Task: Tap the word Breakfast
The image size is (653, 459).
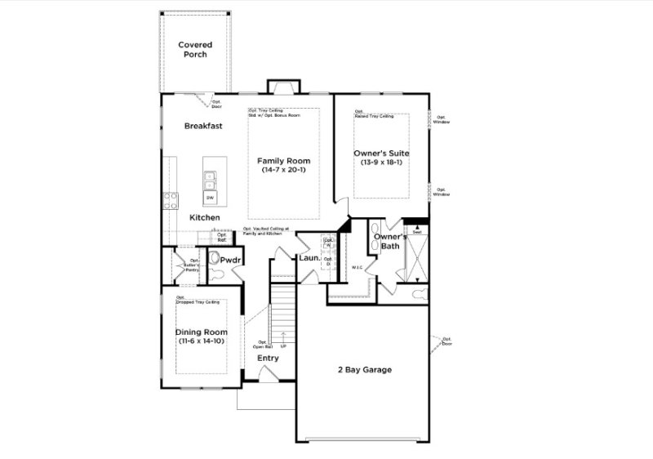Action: tap(203, 126)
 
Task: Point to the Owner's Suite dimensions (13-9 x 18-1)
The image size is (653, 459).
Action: tap(381, 162)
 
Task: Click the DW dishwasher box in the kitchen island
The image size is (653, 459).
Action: tap(210, 198)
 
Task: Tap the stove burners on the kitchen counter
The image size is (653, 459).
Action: tap(171, 201)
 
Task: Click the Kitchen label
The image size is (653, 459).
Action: tap(205, 218)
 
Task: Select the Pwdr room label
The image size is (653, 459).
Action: tap(231, 261)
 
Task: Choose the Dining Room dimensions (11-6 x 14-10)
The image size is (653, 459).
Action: tap(200, 341)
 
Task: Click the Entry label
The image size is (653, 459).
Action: tap(268, 358)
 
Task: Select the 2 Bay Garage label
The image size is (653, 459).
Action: tap(365, 370)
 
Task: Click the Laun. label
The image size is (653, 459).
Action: tap(309, 259)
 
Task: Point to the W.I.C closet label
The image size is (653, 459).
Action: tap(357, 267)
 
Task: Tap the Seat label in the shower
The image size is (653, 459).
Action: tap(416, 232)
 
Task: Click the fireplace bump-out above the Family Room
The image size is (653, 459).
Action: tap(279, 87)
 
